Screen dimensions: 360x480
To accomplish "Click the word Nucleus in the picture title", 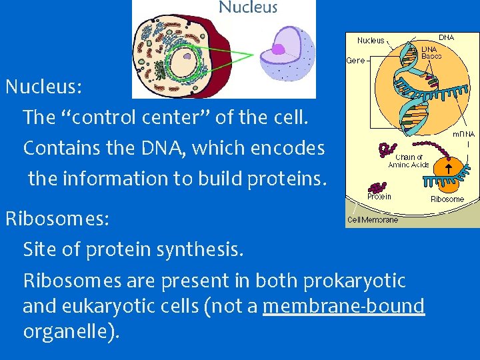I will click(x=248, y=8).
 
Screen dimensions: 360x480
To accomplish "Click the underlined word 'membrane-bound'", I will click(x=344, y=306).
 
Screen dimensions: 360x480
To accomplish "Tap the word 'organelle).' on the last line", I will click(x=71, y=331).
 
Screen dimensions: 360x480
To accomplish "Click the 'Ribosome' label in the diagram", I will click(x=447, y=199).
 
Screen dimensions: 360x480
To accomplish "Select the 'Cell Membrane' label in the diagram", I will click(x=373, y=219).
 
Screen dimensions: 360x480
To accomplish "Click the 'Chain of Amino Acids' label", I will click(x=408, y=161).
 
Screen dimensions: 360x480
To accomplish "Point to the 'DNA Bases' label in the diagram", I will click(x=431, y=53).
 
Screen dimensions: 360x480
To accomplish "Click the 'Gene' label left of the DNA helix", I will click(x=355, y=60).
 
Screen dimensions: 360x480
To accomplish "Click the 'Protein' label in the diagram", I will click(x=379, y=197).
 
